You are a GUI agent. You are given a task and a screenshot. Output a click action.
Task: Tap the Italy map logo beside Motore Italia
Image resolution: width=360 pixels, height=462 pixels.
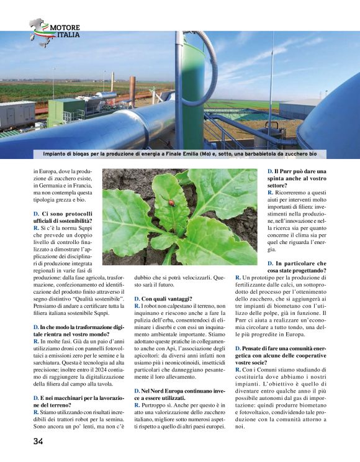(x=40, y=31)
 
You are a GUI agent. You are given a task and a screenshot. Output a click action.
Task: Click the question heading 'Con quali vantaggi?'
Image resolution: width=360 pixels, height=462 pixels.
(x=163, y=299)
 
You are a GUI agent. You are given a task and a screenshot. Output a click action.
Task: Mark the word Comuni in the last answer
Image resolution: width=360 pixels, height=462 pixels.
(x=266, y=370)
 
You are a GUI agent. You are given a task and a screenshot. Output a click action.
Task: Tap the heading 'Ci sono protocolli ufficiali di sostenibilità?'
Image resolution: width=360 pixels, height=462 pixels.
(x=63, y=217)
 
